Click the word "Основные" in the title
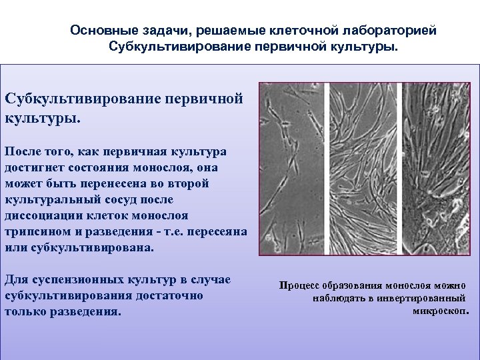click(99, 31)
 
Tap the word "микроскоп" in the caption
click(440, 311)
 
